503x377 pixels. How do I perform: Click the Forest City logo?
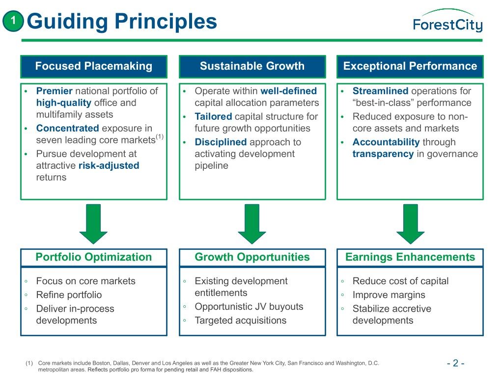pos(447,22)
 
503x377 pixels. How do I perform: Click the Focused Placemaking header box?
pos(94,66)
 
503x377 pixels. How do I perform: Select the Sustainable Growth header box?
pos(252,66)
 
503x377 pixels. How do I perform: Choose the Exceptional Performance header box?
pos(410,66)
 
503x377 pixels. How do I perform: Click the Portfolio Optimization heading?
pos(94,257)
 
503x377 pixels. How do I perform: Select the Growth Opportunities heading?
pos(252,257)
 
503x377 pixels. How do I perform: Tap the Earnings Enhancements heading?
pos(410,257)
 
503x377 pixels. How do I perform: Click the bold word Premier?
pos(54,91)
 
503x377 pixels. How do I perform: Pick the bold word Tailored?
pos(214,117)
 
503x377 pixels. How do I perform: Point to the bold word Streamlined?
pos(380,91)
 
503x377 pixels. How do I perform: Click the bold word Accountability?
pos(386,142)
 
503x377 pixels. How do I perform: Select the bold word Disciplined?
pos(221,142)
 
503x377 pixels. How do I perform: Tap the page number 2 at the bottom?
pos(455,364)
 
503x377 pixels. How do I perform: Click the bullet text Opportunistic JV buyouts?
pos(249,307)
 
